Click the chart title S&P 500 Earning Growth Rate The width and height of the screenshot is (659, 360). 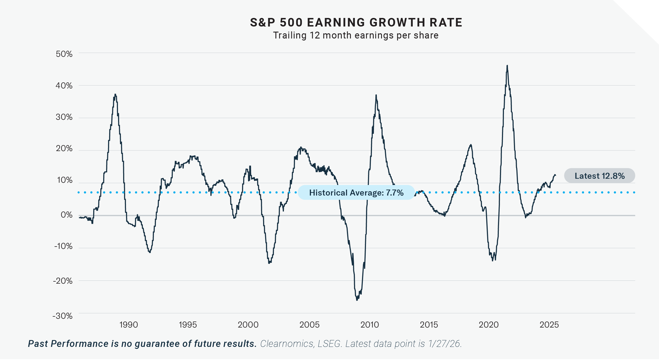click(x=356, y=23)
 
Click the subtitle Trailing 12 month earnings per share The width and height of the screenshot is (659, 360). click(x=356, y=35)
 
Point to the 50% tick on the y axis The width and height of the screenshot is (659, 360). click(x=64, y=54)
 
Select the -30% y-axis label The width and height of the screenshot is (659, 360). click(x=63, y=316)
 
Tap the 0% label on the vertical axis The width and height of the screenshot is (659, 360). click(x=67, y=215)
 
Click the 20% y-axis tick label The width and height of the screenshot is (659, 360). click(x=64, y=149)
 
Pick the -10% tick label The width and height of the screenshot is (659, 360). click(x=63, y=246)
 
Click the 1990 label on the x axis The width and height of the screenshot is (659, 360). click(x=129, y=325)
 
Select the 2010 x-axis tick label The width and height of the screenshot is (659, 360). click(x=370, y=325)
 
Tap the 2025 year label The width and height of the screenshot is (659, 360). click(x=549, y=325)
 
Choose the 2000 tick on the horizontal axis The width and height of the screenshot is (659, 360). click(x=248, y=325)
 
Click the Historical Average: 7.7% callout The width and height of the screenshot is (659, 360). click(x=356, y=193)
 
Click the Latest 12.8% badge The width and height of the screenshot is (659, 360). click(x=599, y=176)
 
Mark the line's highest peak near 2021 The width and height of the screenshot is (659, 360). click(x=507, y=66)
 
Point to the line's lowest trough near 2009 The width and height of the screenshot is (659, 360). click(x=357, y=300)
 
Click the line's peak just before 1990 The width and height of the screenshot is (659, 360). click(x=115, y=94)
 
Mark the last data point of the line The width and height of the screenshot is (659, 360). click(x=555, y=175)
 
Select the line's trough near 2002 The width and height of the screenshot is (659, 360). click(x=269, y=263)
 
